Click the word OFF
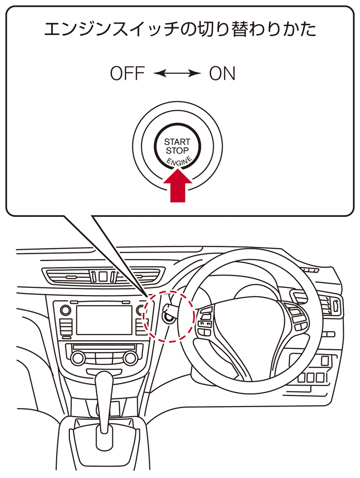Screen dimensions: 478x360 127,74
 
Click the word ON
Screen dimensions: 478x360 222,74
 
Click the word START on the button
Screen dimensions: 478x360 178,142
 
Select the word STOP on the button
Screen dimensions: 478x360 178,150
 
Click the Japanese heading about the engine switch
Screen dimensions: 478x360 180,29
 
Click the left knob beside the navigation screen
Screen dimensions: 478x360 66,310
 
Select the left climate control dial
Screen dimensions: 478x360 78,358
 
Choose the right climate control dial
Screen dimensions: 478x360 129,358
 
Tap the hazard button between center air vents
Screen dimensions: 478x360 103,276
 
